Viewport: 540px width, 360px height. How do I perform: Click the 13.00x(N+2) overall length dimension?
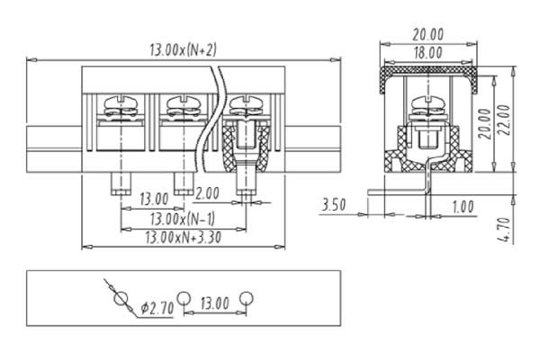[184, 50]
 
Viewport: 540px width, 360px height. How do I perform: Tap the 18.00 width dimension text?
[428, 53]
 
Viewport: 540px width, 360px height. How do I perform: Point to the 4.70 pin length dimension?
[505, 229]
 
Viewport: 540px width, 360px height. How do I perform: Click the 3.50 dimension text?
[333, 204]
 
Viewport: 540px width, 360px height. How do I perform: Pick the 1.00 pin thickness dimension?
[463, 207]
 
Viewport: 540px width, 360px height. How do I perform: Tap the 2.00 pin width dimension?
[207, 193]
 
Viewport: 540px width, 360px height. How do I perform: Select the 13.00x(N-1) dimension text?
[183, 219]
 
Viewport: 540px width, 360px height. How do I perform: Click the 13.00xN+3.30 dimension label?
[184, 238]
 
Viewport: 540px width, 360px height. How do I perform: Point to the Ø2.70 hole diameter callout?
[157, 308]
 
